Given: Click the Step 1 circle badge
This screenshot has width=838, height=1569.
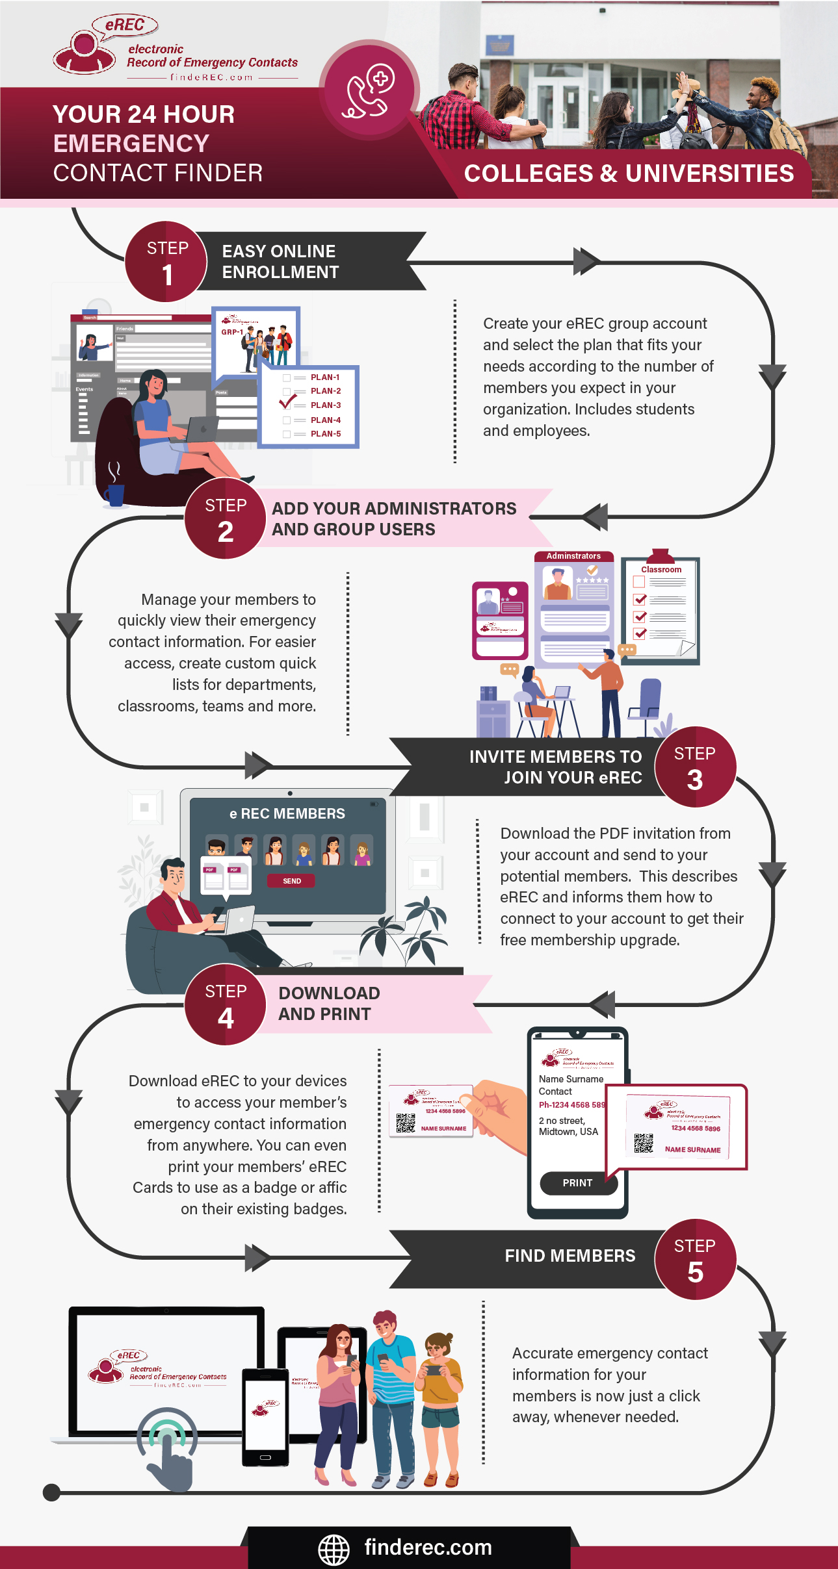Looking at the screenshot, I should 166,262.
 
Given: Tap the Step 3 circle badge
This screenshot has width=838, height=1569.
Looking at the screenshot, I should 695,767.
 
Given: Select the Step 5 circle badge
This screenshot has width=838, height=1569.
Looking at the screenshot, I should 695,1260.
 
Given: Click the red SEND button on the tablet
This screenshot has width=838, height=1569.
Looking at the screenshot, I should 291,881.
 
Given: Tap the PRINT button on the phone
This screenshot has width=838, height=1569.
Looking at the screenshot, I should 578,1183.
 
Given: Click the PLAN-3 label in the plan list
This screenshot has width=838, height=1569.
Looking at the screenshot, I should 326,405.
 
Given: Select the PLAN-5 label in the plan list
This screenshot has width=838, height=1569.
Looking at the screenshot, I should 326,434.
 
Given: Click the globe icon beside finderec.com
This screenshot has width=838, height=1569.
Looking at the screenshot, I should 334,1550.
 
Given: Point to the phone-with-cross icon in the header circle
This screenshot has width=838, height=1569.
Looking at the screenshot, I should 369,90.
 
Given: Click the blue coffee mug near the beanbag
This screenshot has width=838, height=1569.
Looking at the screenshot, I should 114,495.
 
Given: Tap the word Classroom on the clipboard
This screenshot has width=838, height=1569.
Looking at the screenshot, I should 661,570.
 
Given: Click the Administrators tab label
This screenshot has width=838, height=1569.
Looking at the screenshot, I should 573,556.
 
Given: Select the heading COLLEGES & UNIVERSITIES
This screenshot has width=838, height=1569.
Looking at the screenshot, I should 629,173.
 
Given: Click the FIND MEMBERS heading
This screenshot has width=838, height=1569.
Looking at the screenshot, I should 570,1256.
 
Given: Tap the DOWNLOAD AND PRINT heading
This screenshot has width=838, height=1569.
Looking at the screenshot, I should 329,1004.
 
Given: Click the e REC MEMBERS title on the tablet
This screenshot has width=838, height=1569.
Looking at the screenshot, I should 287,814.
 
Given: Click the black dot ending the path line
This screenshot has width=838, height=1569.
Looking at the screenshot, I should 51,1492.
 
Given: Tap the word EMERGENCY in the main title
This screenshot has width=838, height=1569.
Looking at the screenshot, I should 131,144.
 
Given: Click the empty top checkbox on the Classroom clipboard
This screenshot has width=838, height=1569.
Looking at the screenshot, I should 639,582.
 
